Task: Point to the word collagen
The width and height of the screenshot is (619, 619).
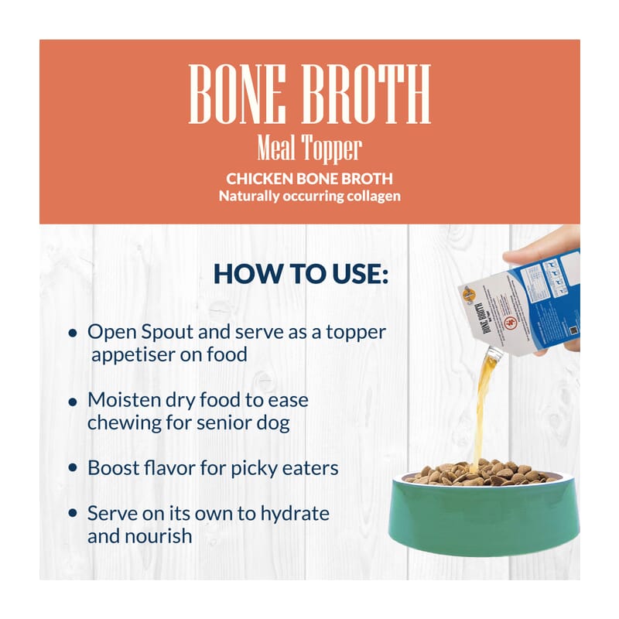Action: tap(371, 196)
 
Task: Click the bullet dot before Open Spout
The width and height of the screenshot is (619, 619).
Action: tap(73, 333)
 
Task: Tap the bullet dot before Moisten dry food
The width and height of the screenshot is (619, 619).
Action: tap(73, 402)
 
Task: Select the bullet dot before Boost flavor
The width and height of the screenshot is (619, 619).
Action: tap(73, 469)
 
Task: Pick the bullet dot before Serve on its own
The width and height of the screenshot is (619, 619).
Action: tap(73, 515)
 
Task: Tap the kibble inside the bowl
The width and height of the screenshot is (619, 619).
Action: tap(484, 472)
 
